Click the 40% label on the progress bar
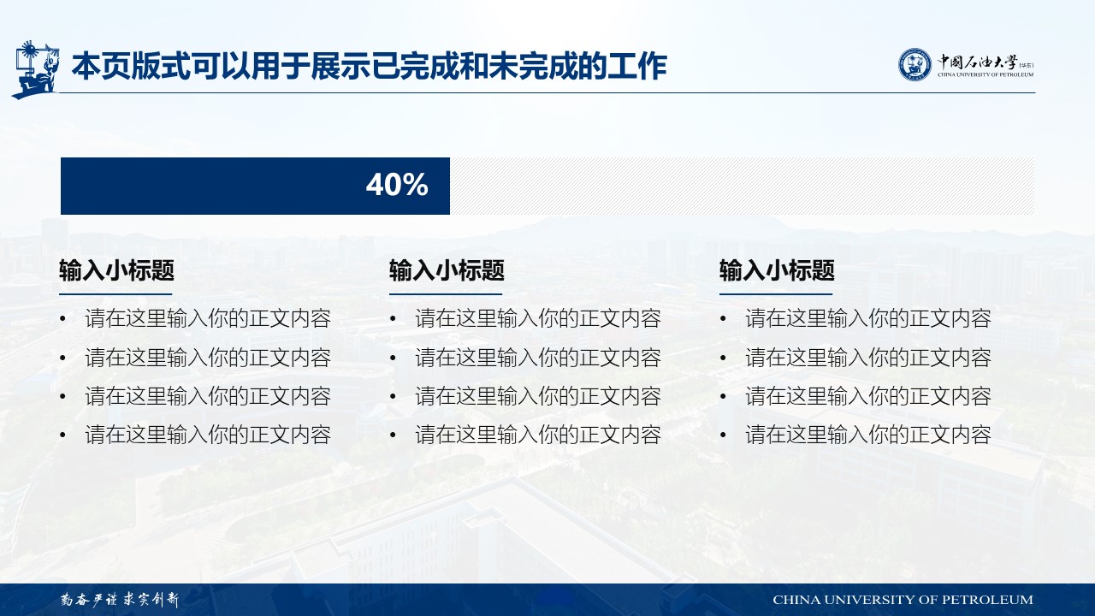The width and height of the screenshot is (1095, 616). [x=397, y=185]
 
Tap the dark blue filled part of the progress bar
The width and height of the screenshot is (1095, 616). [x=255, y=186]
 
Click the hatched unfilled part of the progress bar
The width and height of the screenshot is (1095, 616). [x=742, y=186]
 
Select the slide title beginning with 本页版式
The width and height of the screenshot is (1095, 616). [x=370, y=66]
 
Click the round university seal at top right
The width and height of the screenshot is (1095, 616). [x=914, y=64]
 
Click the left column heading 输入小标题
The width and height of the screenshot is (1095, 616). [x=117, y=270]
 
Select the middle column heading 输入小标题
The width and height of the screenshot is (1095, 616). [x=447, y=270]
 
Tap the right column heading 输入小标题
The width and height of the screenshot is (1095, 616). [x=777, y=270]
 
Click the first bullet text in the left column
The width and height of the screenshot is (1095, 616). [x=208, y=319]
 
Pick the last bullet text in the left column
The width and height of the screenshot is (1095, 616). [x=208, y=435]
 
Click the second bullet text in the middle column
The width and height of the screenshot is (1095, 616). [x=538, y=358]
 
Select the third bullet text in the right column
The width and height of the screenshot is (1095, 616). [x=868, y=396]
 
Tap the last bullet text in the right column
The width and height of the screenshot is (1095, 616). [x=868, y=435]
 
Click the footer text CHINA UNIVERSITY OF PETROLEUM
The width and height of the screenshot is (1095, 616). [x=903, y=600]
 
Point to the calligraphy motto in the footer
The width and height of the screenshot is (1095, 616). [x=120, y=600]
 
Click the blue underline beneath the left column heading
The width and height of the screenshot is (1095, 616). [x=115, y=294]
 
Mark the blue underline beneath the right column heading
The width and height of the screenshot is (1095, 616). [x=776, y=294]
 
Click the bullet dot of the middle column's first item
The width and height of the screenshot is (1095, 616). [x=393, y=319]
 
